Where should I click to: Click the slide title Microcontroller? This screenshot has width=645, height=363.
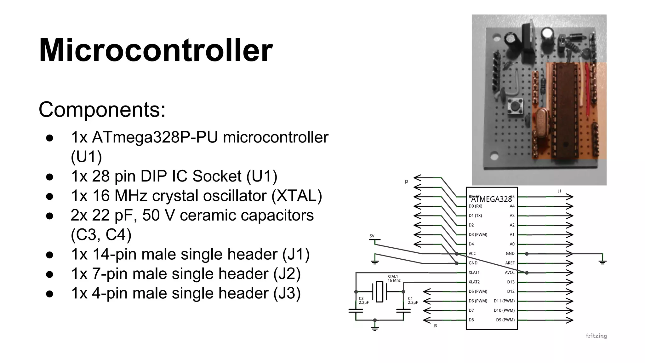pyautogui.click(x=156, y=50)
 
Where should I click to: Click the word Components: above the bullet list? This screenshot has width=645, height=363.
pyautogui.click(x=102, y=110)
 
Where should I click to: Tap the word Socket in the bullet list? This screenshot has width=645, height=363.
pyautogui.click(x=217, y=176)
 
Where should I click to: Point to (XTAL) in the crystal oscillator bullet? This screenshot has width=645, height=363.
pyautogui.click(x=297, y=196)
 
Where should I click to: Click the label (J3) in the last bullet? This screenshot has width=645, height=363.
pyautogui.click(x=287, y=293)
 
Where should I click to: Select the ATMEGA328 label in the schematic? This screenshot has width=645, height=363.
pyautogui.click(x=492, y=199)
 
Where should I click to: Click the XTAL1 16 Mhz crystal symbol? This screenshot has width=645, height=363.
pyautogui.click(x=380, y=292)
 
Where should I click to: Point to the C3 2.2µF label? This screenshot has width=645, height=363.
pyautogui.click(x=363, y=301)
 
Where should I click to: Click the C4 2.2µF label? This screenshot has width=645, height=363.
pyautogui.click(x=413, y=301)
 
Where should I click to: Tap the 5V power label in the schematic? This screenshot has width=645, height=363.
pyautogui.click(x=372, y=236)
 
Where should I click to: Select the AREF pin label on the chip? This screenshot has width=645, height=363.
pyautogui.click(x=510, y=263)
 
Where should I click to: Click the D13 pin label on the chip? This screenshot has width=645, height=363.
pyautogui.click(x=511, y=282)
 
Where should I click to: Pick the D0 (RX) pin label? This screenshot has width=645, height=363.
pyautogui.click(x=475, y=206)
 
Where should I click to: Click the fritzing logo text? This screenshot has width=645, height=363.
pyautogui.click(x=596, y=336)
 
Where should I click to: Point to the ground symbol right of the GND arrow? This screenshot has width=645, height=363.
pyautogui.click(x=602, y=261)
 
